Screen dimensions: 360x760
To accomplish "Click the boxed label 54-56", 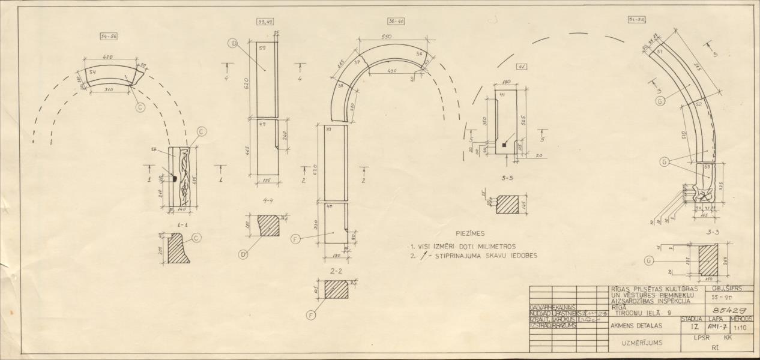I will (x=109, y=37).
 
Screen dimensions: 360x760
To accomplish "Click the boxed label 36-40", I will (x=396, y=21).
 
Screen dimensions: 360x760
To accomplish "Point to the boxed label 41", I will (x=522, y=67).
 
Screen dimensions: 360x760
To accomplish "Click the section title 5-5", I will (x=507, y=178).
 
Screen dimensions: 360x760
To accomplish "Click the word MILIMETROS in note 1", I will (x=493, y=246).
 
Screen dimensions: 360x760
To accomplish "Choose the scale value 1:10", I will (x=742, y=328).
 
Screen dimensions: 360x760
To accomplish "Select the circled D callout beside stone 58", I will (x=234, y=43).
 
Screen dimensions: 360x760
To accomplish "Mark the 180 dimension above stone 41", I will (x=506, y=82).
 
